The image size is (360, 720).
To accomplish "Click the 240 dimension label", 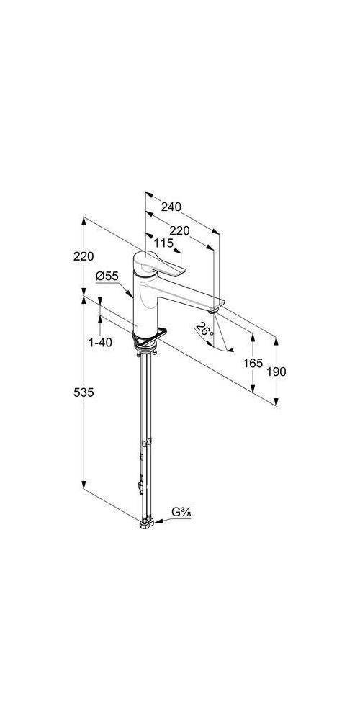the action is tap(171, 207).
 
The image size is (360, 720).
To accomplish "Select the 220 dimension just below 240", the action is tap(179, 231).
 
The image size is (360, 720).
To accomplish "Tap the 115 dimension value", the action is tap(164, 243).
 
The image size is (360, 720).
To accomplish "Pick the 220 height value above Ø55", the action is tap(84, 257).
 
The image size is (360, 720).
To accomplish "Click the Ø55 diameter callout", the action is tap(107, 276).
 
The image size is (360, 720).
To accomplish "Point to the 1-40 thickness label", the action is tap(100, 342).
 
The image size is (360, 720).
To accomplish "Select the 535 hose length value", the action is tap(84, 392).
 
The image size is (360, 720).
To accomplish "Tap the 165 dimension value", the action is tap(253, 363).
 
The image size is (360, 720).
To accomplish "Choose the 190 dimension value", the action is tap(276, 372).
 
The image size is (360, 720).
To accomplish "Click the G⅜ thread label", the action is tap(181, 512).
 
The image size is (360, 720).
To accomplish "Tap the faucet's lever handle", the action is tap(159, 264).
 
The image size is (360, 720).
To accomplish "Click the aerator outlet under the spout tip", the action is tap(212, 311).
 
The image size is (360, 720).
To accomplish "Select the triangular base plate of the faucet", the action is tap(148, 337).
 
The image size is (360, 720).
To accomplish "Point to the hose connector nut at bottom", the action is tap(145, 523).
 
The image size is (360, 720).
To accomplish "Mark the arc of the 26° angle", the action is tap(215, 344).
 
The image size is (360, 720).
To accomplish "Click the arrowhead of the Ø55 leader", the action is tap(130, 294).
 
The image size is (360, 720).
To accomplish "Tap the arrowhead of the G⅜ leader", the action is tap(156, 521).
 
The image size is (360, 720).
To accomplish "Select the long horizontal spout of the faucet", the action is tap(182, 294).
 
